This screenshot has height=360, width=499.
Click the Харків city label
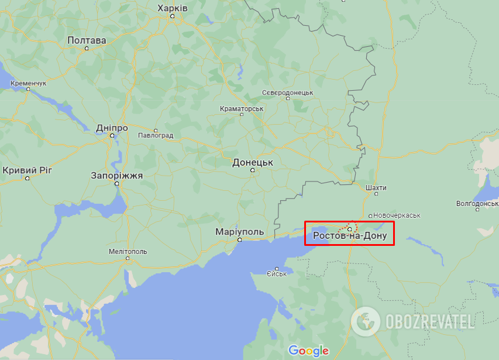pos(173,8)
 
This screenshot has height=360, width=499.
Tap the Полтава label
pos(87,40)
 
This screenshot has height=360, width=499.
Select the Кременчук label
pos(28,84)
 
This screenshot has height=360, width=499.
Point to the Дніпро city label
pos(112,128)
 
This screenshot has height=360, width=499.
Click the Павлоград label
pos(156,135)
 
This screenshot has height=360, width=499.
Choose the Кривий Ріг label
pos(27,170)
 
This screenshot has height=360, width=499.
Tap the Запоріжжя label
pos(116,175)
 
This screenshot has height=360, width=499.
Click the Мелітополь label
pos(128,252)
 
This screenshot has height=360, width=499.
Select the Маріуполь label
pos(239,232)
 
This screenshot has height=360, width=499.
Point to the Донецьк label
pos(253,162)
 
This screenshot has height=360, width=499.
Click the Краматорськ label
pos(242,109)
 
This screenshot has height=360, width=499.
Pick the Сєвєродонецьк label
pos(287,92)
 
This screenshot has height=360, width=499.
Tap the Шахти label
pos(375,187)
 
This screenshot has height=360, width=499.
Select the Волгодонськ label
pos(477,204)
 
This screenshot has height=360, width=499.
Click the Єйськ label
pos(276,273)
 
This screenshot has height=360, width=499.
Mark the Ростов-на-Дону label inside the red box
pos(349,236)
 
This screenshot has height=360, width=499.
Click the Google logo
pos(308,351)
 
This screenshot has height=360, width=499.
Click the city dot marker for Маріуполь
pos(239,240)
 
